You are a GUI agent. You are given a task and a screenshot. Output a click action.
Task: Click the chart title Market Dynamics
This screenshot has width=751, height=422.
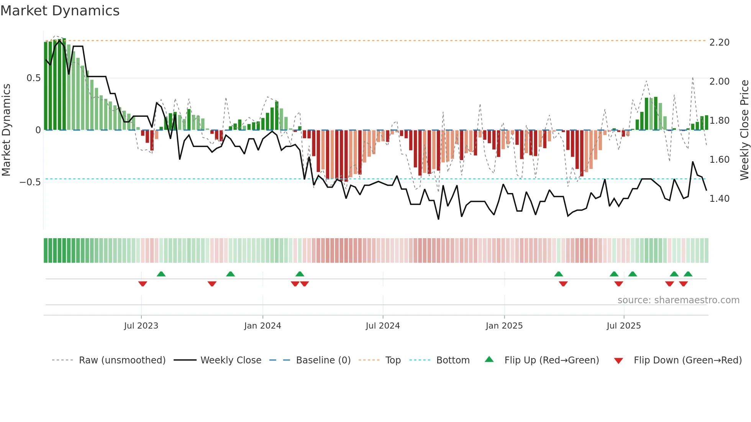tap(60, 11)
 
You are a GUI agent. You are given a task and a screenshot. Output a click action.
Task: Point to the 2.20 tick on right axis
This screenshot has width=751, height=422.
tap(719, 43)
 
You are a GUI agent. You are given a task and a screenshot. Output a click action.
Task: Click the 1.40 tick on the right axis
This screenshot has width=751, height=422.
tap(719, 199)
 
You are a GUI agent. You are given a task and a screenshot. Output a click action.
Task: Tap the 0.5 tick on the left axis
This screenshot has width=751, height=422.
tap(33, 78)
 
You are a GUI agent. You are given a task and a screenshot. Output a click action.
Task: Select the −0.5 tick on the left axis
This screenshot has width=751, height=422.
tap(30, 182)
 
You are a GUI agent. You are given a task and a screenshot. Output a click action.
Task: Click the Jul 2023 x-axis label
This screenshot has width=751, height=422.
tap(141, 326)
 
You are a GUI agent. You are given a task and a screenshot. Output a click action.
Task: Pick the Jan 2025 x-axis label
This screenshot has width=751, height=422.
tap(504, 326)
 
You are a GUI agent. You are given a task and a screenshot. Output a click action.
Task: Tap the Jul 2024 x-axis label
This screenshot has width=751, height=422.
tap(382, 326)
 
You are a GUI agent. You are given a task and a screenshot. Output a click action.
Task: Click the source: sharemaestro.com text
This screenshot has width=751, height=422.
tap(678, 300)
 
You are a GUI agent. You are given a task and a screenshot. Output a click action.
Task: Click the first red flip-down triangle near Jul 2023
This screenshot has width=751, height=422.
tap(143, 284)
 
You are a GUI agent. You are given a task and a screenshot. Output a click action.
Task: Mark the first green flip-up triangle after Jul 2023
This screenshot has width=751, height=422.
tap(161, 274)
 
